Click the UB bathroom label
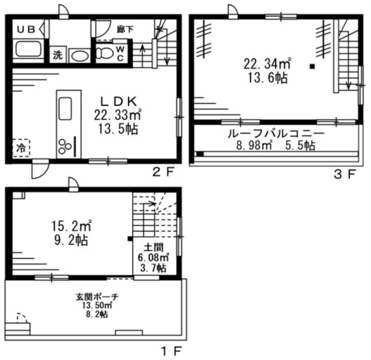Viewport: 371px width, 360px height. click(26, 29)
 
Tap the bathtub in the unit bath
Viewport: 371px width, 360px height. click(28, 49)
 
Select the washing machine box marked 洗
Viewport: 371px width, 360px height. click(58, 55)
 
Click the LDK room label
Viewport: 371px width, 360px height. click(119, 102)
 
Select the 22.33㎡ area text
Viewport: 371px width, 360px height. click(118, 115)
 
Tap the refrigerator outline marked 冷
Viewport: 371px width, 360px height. click(21, 148)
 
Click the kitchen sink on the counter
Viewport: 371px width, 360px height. click(65, 109)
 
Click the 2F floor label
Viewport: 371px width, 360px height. click(163, 173)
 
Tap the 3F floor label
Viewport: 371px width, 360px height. click(345, 174)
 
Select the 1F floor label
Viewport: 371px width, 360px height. click(171, 351)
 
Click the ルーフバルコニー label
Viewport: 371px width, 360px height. click(276, 134)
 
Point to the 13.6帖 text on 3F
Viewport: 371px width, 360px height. click(267, 78)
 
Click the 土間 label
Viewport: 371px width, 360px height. click(154, 247)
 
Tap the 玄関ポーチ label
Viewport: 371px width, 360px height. click(97, 297)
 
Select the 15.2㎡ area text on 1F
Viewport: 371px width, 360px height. click(72, 226)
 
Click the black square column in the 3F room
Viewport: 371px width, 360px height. click(312, 66)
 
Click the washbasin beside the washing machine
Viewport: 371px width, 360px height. click(81, 56)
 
